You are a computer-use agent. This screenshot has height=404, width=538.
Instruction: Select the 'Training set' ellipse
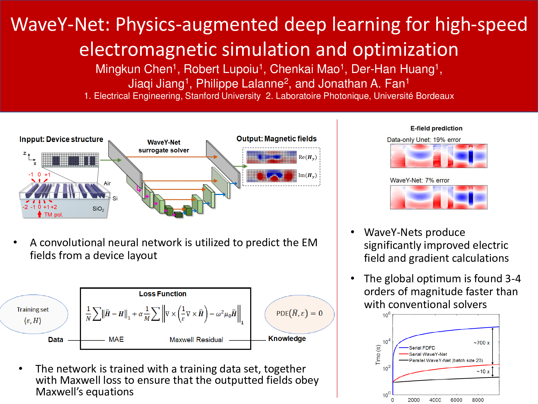tap(33, 314)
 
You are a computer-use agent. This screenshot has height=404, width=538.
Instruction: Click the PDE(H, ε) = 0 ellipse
tap(299, 314)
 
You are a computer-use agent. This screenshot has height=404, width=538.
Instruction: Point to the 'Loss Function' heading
tap(162, 294)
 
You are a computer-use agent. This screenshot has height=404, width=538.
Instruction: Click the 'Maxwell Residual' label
tap(196, 340)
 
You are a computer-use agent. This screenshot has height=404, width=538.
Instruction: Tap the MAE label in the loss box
tap(116, 339)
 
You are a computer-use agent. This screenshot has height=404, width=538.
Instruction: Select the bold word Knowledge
tap(287, 339)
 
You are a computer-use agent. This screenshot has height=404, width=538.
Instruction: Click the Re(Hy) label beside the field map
tap(307, 157)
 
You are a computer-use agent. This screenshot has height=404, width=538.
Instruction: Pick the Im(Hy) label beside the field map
tap(307, 175)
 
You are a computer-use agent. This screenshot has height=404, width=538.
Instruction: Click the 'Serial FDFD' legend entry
tap(422, 348)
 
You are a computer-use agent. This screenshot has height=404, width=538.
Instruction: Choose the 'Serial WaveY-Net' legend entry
tap(428, 354)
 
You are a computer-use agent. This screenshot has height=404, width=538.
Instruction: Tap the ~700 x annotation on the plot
tap(482, 343)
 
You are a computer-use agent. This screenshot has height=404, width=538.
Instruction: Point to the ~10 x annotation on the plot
tap(483, 372)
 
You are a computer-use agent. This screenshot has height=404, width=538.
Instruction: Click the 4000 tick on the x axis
tap(435, 400)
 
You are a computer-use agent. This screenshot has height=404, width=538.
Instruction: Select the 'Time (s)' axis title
tap(378, 355)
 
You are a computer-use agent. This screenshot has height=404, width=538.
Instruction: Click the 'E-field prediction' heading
tap(436, 128)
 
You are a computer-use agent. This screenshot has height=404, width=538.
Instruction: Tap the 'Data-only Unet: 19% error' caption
tap(424, 140)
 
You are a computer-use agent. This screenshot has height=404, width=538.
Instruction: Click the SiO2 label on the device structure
tap(98, 209)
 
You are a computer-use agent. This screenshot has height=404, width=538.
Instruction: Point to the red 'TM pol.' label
tap(54, 215)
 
